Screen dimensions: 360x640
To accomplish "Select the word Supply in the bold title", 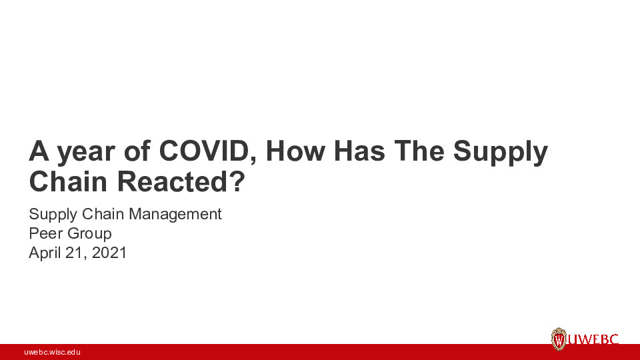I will (501, 153).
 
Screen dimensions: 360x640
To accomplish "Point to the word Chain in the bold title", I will (64, 182).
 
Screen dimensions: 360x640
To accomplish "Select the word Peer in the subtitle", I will (44, 234).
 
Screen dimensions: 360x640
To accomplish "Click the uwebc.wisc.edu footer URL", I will (52, 352).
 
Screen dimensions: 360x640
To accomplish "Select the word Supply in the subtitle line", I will (53, 215).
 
